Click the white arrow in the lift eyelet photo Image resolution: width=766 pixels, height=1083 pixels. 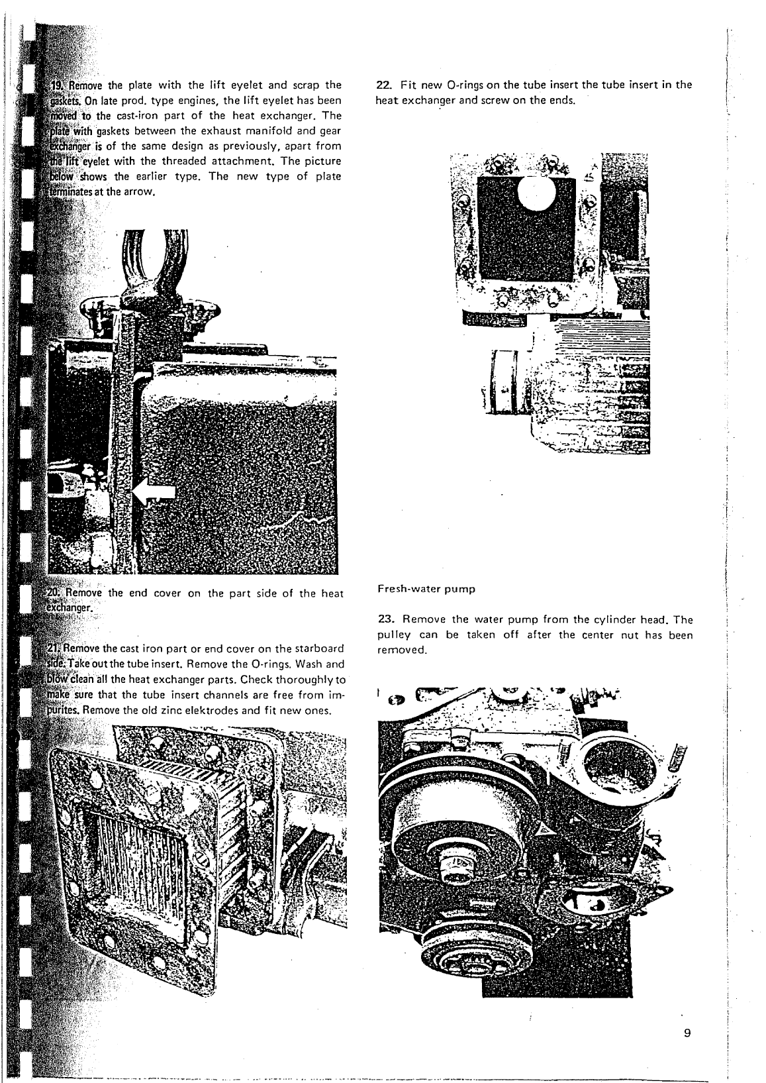(154, 491)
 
